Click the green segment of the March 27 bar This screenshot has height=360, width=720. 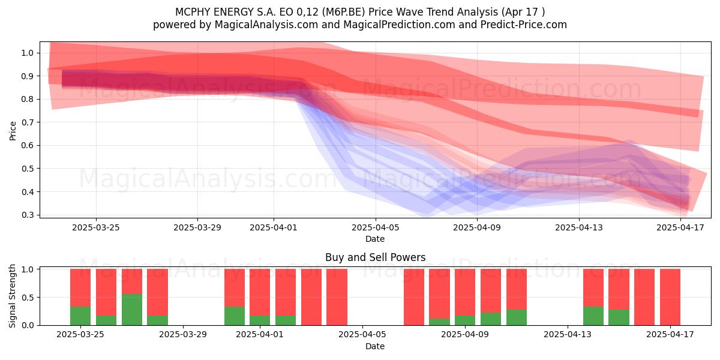132,310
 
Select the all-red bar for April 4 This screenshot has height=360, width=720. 337,297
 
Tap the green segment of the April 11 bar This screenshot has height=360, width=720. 517,317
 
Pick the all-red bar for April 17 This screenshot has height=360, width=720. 670,297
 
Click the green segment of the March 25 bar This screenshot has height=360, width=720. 80,316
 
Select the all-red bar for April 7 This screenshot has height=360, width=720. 414,297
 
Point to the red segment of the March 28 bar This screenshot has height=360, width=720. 157,292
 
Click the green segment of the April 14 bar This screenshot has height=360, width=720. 593,316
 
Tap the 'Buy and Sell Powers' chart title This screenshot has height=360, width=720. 375,257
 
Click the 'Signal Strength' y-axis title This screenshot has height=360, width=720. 12,296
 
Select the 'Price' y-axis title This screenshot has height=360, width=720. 13,131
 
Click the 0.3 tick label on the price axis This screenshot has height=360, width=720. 28,215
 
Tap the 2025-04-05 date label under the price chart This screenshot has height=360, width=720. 376,227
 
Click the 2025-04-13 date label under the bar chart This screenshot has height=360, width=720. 568,334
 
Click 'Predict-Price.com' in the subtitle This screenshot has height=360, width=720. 524,25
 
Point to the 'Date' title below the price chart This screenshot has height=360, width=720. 375,239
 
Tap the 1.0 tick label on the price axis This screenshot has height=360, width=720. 28,53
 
